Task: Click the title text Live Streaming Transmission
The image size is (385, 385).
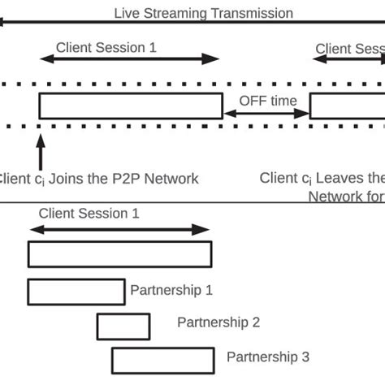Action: coord(203,13)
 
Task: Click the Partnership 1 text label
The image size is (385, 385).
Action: coord(171,288)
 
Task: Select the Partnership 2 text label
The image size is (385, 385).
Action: coord(218,322)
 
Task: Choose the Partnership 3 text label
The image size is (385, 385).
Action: coord(267,357)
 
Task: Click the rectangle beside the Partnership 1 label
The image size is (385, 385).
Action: coord(76,291)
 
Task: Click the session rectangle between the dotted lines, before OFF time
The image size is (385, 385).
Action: coord(130,106)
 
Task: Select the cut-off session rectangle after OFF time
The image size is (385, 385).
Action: coord(347,106)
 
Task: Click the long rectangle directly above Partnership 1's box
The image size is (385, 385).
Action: coord(119,254)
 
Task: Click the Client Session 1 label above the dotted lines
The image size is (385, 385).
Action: coord(106,47)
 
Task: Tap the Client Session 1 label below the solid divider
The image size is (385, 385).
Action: coord(89,214)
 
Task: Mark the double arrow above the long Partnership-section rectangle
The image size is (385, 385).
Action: coord(119,231)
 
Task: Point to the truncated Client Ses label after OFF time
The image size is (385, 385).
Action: coord(349,49)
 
